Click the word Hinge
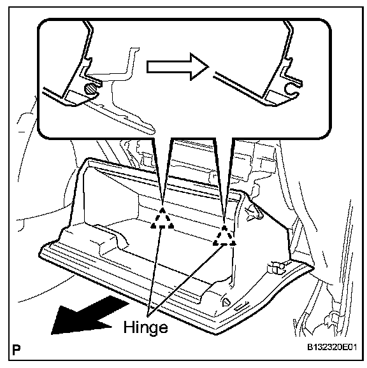145,328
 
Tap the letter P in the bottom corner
16,350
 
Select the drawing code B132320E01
332,347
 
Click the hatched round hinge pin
90,88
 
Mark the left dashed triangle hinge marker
162,218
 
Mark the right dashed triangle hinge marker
224,236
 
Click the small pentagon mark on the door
226,302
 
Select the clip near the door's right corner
277,267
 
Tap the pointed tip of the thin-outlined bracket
154,131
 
